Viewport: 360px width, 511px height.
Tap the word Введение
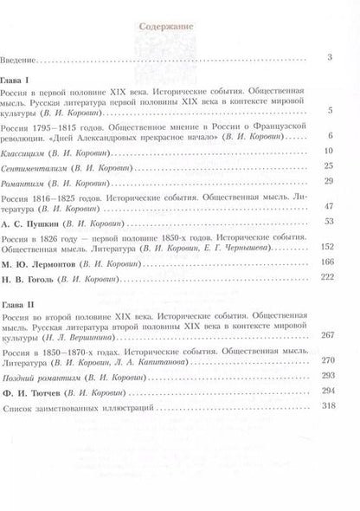pyautogui.click(x=41, y=59)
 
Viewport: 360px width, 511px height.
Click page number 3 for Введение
pyautogui.click(x=331, y=58)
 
